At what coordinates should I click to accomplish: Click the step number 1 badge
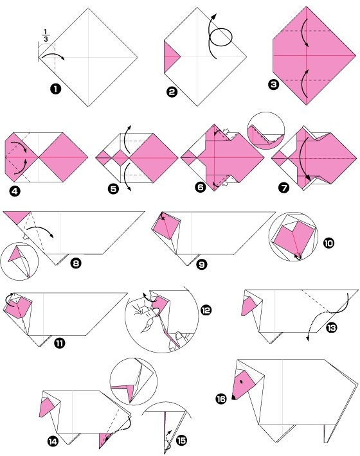coord(55,89)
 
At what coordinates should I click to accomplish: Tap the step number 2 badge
coord(172,92)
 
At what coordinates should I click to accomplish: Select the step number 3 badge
coord(274,85)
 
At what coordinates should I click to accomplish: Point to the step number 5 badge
coord(113,189)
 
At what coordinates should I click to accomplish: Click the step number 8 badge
coord(76,263)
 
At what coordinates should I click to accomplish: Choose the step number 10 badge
coord(328,243)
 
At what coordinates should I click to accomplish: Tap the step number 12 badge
coord(206,310)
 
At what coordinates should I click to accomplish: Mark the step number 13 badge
coord(331,328)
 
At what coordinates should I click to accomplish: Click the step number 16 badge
coord(221,398)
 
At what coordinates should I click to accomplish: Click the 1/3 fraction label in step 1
coord(46,35)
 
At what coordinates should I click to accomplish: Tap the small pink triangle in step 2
coord(170,57)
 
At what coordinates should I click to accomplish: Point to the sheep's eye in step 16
coord(242,381)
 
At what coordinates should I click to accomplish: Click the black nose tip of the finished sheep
coord(233,397)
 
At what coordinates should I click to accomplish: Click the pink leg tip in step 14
coord(104,441)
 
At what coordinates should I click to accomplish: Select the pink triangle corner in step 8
coord(17,216)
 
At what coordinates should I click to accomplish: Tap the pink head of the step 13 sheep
coord(249,306)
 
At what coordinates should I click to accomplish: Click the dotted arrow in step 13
coord(315,323)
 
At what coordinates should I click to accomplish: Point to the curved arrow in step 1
coord(53,55)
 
